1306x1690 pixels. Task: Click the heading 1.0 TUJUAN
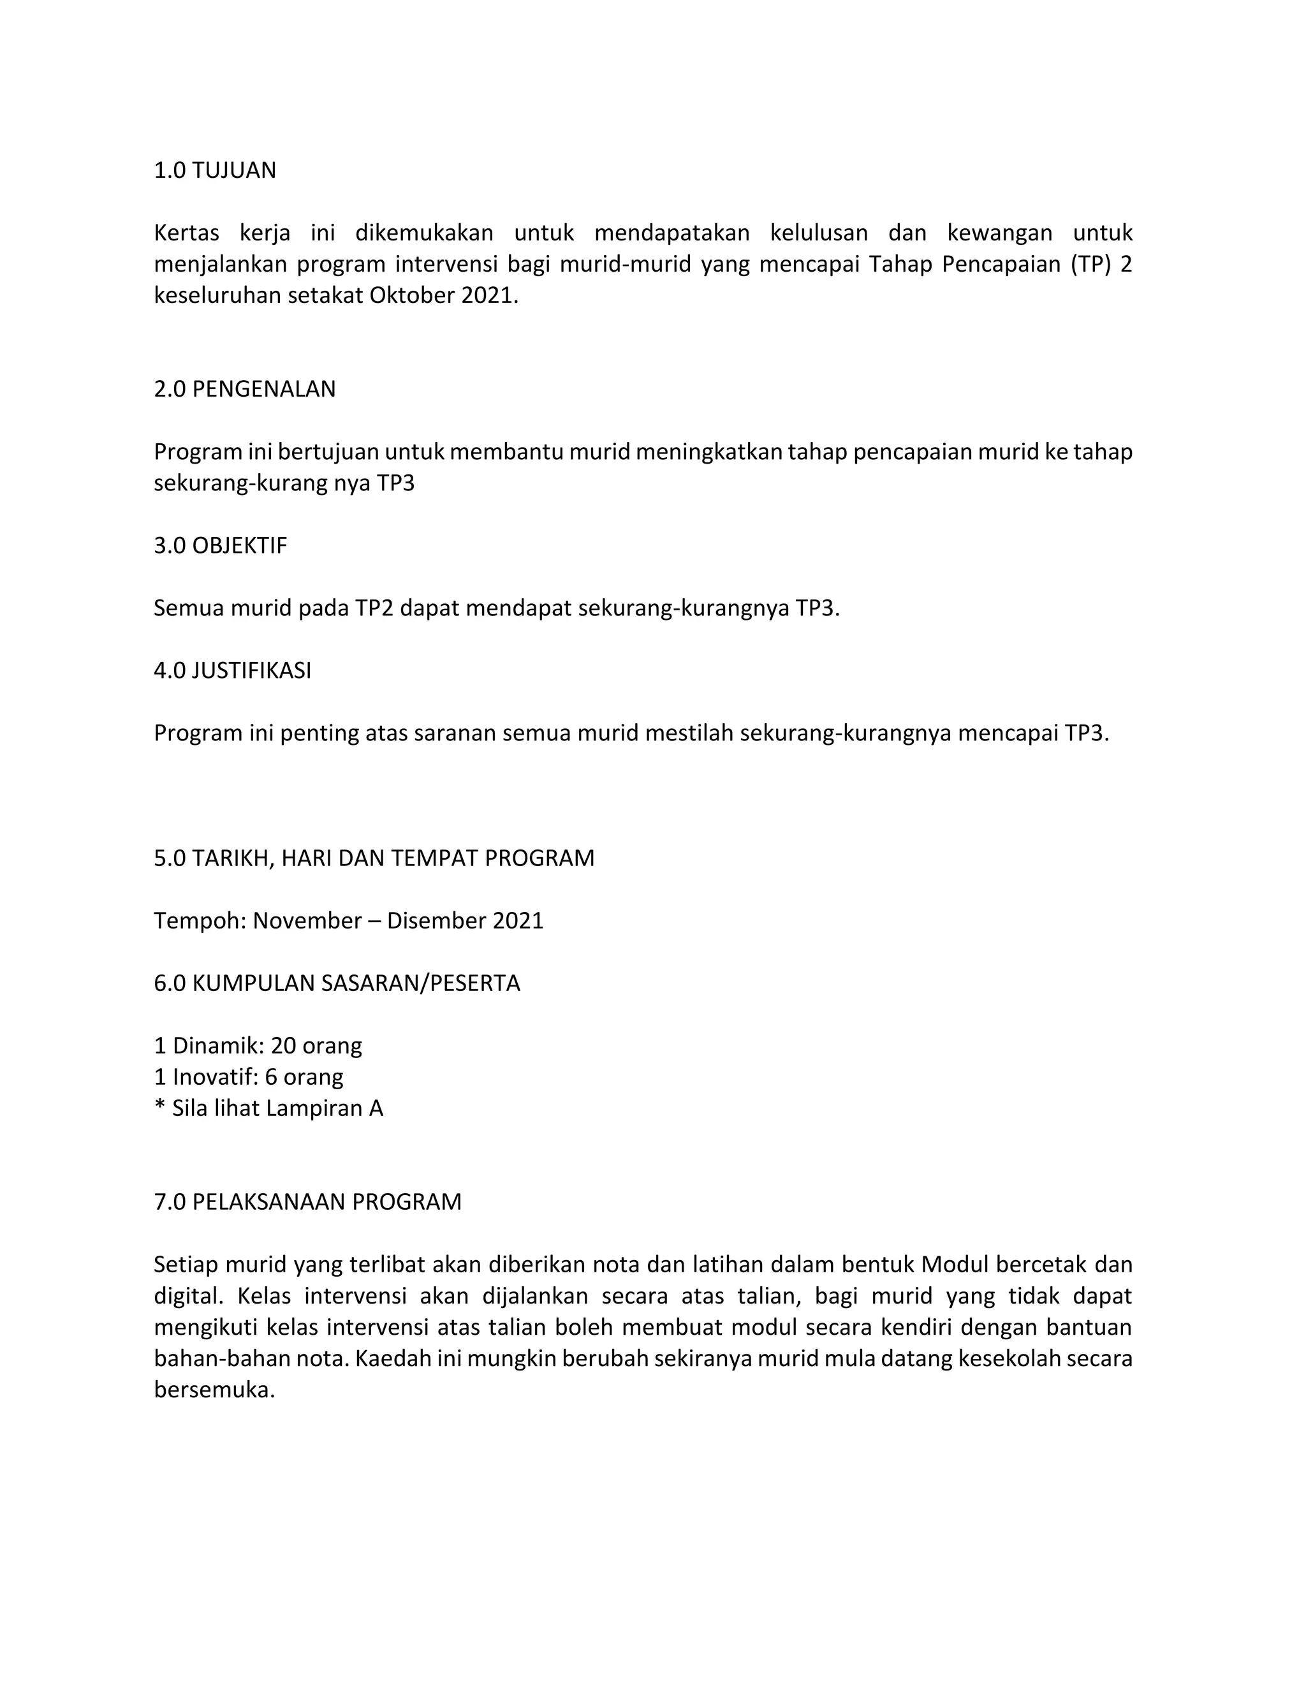tap(214, 170)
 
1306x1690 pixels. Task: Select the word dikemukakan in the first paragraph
tap(423, 233)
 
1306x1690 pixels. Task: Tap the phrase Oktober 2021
tap(443, 296)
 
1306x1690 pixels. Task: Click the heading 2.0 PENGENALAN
tap(244, 388)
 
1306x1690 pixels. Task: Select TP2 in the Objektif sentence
tap(374, 608)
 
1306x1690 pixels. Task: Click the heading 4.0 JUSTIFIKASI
tap(232, 670)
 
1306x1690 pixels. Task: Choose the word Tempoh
tap(200, 921)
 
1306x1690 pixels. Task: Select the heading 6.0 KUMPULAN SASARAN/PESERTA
tap(337, 983)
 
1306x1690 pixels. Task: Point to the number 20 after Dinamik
tap(283, 1046)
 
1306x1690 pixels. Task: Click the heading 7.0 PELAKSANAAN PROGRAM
tap(307, 1201)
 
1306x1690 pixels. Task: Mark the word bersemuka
tap(214, 1390)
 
